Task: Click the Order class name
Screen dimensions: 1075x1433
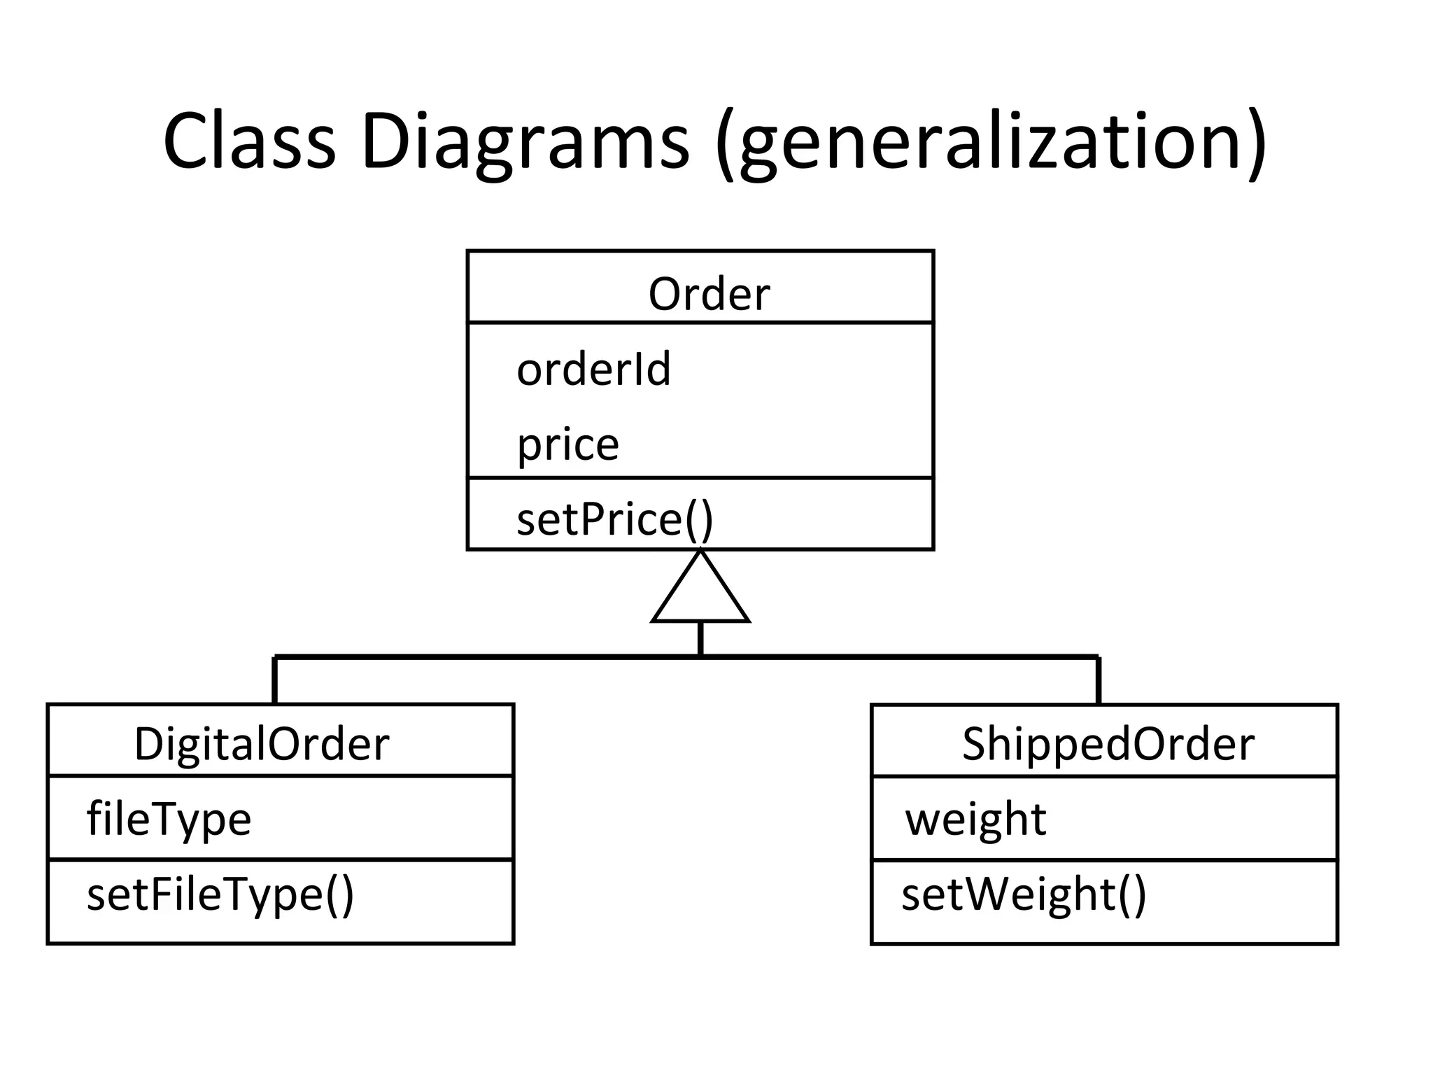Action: coord(708,294)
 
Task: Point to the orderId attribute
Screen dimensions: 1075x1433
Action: coord(593,369)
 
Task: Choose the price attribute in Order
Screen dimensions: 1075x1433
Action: coord(567,444)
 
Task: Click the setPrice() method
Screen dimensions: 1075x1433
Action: coord(614,520)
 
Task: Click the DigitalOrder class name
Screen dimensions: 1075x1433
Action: coord(261,743)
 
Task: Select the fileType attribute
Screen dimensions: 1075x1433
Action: coord(169,819)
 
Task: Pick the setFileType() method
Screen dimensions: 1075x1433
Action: coord(220,894)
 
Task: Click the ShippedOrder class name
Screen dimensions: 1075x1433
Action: coord(1108,743)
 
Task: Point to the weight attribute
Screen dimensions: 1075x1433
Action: coord(975,819)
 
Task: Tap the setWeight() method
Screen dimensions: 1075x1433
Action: coord(1024,894)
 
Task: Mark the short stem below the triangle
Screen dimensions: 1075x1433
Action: coord(700,638)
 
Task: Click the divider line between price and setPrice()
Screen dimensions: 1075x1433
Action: coord(700,478)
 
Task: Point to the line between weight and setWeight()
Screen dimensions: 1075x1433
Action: coord(1104,859)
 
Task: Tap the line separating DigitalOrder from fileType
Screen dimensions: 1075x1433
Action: coord(281,775)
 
